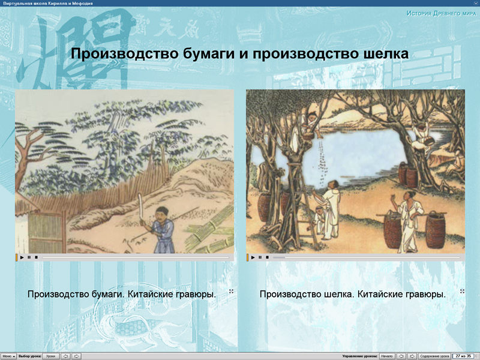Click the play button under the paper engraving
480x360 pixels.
(22, 257)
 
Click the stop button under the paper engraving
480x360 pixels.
(36, 257)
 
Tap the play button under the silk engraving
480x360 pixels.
(253, 257)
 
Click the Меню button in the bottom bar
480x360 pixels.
(8, 356)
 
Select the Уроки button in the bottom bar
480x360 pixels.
(51, 356)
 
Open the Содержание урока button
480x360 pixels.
(434, 356)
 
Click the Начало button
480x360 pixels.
(387, 356)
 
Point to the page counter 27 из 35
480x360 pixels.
(464, 356)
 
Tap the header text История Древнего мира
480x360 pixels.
(441, 13)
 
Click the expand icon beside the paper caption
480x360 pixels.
(231, 291)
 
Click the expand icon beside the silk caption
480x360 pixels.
(462, 291)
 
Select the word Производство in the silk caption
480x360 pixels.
(290, 295)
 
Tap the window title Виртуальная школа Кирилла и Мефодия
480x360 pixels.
(44, 4)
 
